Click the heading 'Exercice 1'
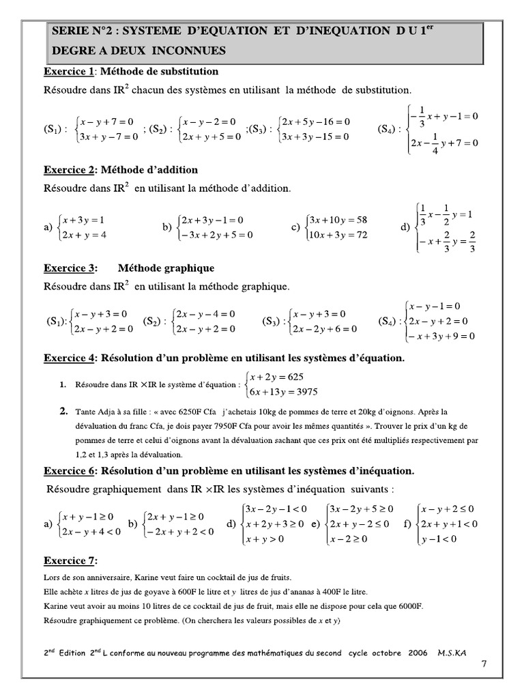tap(68, 72)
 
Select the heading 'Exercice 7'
tap(70, 561)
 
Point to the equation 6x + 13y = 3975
tap(285, 391)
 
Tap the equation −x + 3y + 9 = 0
tap(440, 336)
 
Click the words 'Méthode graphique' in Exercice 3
tap(166, 268)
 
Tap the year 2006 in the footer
tap(418, 653)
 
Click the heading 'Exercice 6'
tap(70, 471)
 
